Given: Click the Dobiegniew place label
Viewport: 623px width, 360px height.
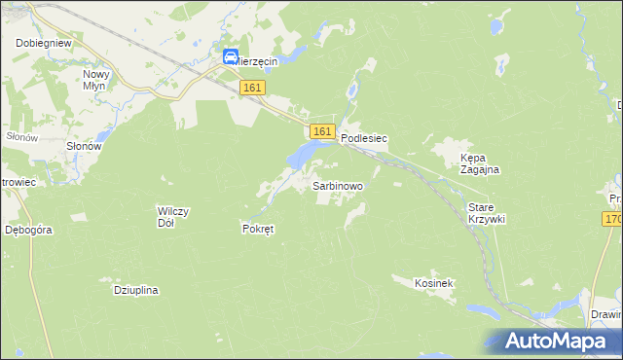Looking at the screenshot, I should coord(40,44).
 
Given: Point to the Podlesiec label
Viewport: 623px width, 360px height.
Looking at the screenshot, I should coord(364,139).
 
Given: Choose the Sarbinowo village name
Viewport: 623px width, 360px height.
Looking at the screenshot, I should coord(337,185).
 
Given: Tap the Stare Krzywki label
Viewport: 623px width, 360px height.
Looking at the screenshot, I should coord(487,213).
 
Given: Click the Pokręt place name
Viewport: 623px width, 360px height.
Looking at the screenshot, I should coord(259,230).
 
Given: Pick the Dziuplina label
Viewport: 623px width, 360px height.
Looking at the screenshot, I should coord(136,290).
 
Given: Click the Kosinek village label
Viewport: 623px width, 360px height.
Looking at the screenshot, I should coord(434,282).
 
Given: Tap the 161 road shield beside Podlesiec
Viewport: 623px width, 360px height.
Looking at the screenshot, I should coord(322,131).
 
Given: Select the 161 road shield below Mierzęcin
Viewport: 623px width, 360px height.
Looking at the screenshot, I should coord(252,88).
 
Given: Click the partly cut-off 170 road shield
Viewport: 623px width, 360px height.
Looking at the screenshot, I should coord(612,220).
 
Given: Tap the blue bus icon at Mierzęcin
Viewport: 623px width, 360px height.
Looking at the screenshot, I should coord(232,57).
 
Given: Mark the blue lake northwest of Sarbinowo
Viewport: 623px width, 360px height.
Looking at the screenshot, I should coord(303,154).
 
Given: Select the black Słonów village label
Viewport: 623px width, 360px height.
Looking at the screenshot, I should coord(83,146).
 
